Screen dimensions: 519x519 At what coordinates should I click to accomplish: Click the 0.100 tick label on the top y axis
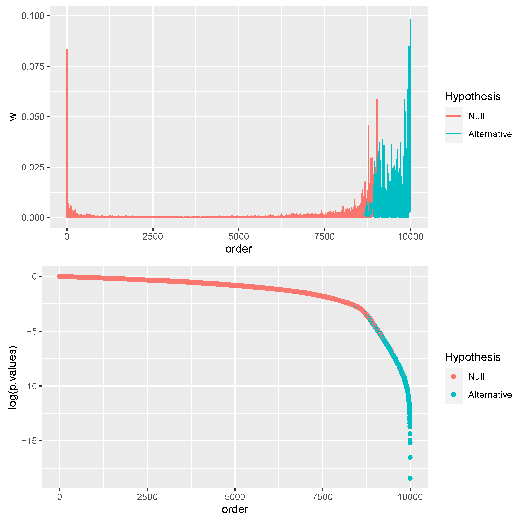click(x=33, y=16)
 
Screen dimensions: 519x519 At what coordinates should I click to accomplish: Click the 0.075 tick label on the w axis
click(x=33, y=66)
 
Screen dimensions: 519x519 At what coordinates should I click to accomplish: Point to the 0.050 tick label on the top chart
click(x=33, y=117)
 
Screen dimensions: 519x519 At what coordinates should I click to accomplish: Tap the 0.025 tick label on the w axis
click(x=33, y=167)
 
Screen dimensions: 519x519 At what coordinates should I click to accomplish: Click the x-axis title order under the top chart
click(x=238, y=249)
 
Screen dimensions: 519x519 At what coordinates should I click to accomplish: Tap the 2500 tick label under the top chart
click(x=153, y=236)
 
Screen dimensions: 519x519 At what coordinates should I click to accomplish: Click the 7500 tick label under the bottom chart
click(x=322, y=497)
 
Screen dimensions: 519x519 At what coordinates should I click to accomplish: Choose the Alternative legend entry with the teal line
click(x=489, y=134)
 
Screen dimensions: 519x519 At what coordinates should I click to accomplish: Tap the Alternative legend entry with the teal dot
click(x=489, y=394)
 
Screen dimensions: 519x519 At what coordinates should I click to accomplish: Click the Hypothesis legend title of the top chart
click(x=472, y=97)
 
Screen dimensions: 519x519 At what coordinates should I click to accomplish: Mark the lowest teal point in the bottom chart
click(x=410, y=478)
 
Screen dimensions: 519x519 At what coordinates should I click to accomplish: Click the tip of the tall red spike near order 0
click(x=67, y=49)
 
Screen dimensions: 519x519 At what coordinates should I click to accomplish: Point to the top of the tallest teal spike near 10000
click(x=410, y=19)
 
